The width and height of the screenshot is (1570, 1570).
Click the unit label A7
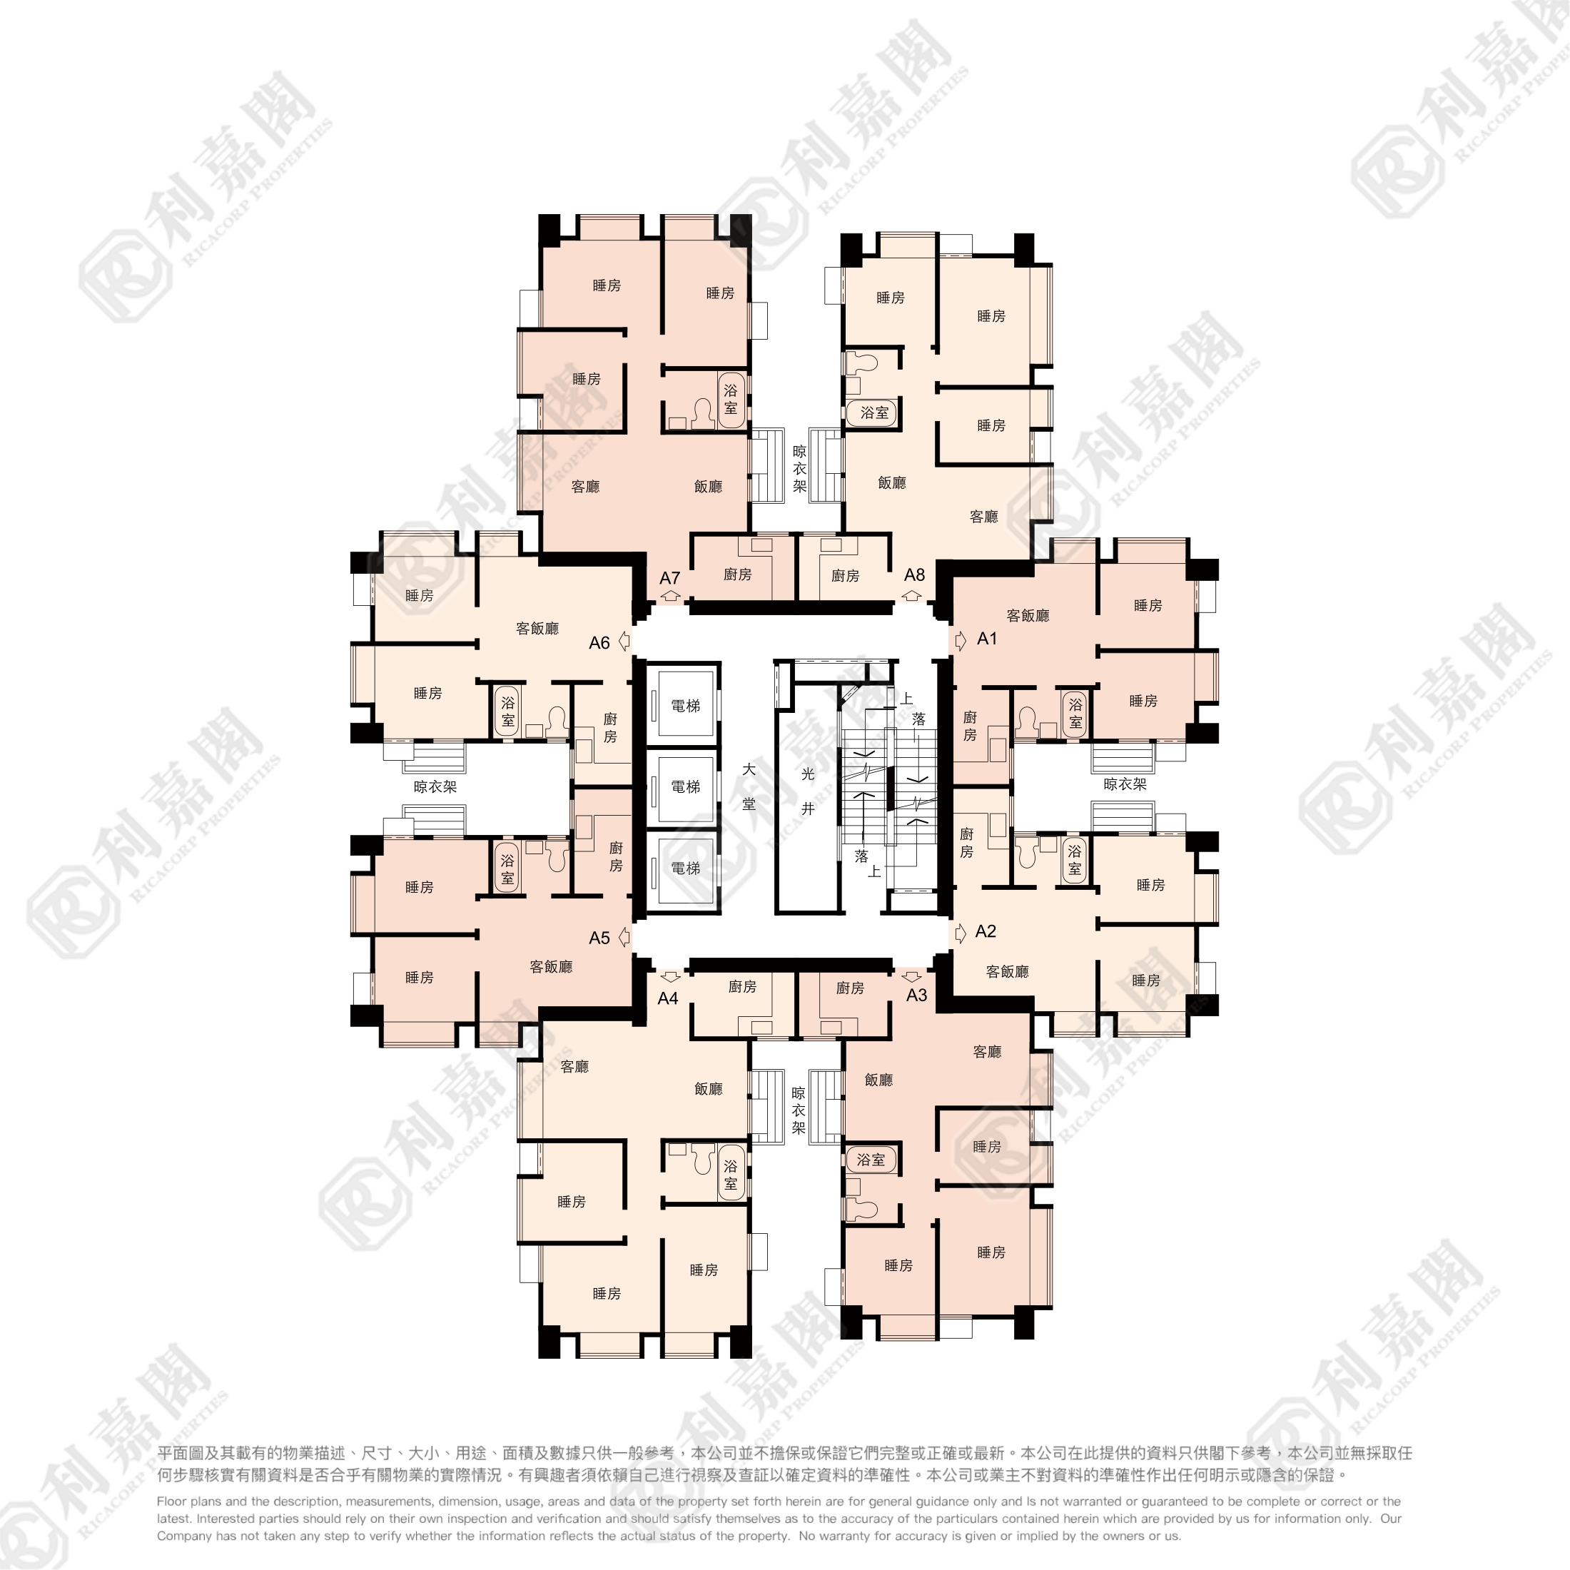click(669, 578)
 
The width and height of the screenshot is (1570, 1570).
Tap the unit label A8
click(914, 574)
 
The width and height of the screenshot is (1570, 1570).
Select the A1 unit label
click(986, 639)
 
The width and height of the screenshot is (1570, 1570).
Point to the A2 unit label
click(985, 931)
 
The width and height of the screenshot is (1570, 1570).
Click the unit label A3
click(916, 995)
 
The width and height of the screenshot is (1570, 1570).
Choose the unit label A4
click(668, 998)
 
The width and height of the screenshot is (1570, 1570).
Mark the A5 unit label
click(599, 938)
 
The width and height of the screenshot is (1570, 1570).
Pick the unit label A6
click(599, 643)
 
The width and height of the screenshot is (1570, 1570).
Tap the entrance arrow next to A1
click(961, 640)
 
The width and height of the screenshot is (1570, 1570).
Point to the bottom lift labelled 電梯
click(685, 868)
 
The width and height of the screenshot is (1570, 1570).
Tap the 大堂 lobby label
click(749, 786)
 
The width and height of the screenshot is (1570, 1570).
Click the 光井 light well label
click(808, 791)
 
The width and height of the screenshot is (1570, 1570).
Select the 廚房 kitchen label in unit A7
click(737, 574)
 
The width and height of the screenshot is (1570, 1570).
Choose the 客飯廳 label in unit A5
click(551, 966)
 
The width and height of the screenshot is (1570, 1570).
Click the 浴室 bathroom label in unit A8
click(874, 412)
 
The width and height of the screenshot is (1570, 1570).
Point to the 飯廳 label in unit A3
click(878, 1079)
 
